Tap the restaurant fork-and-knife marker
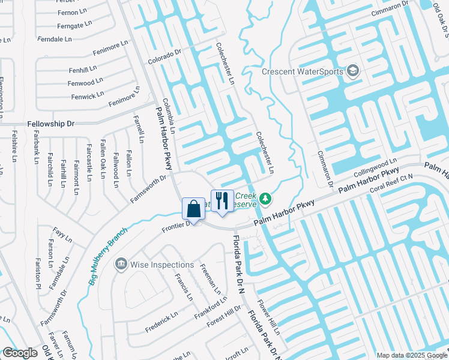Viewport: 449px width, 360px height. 222,200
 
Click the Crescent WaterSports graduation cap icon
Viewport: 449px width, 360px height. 352,72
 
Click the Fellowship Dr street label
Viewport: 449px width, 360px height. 50,124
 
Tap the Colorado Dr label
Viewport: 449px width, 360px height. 164,57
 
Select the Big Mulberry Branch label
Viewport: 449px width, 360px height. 108,256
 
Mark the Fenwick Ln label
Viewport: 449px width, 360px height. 88,96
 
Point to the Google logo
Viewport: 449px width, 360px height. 20,353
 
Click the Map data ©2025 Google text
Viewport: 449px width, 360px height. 411,355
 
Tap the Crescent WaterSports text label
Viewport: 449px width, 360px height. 303,72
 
